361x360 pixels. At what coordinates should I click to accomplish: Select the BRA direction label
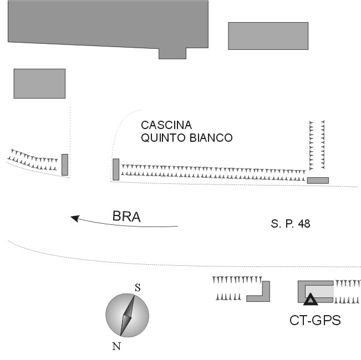[126, 217]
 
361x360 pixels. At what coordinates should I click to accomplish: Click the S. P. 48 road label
[291, 224]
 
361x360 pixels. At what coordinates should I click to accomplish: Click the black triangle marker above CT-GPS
[311, 300]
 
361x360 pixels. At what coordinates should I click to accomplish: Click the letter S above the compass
[138, 287]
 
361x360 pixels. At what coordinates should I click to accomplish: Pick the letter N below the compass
[116, 347]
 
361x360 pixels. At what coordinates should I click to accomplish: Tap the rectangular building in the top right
[268, 36]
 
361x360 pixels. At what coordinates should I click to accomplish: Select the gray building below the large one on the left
[39, 83]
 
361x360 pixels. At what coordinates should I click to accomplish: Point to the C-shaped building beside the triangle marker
[301, 290]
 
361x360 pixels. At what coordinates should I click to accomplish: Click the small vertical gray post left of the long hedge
[116, 169]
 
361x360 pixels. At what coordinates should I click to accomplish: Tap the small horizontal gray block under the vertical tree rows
[318, 180]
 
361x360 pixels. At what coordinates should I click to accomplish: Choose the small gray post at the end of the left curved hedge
[65, 164]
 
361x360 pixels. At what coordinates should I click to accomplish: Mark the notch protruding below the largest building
[172, 53]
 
